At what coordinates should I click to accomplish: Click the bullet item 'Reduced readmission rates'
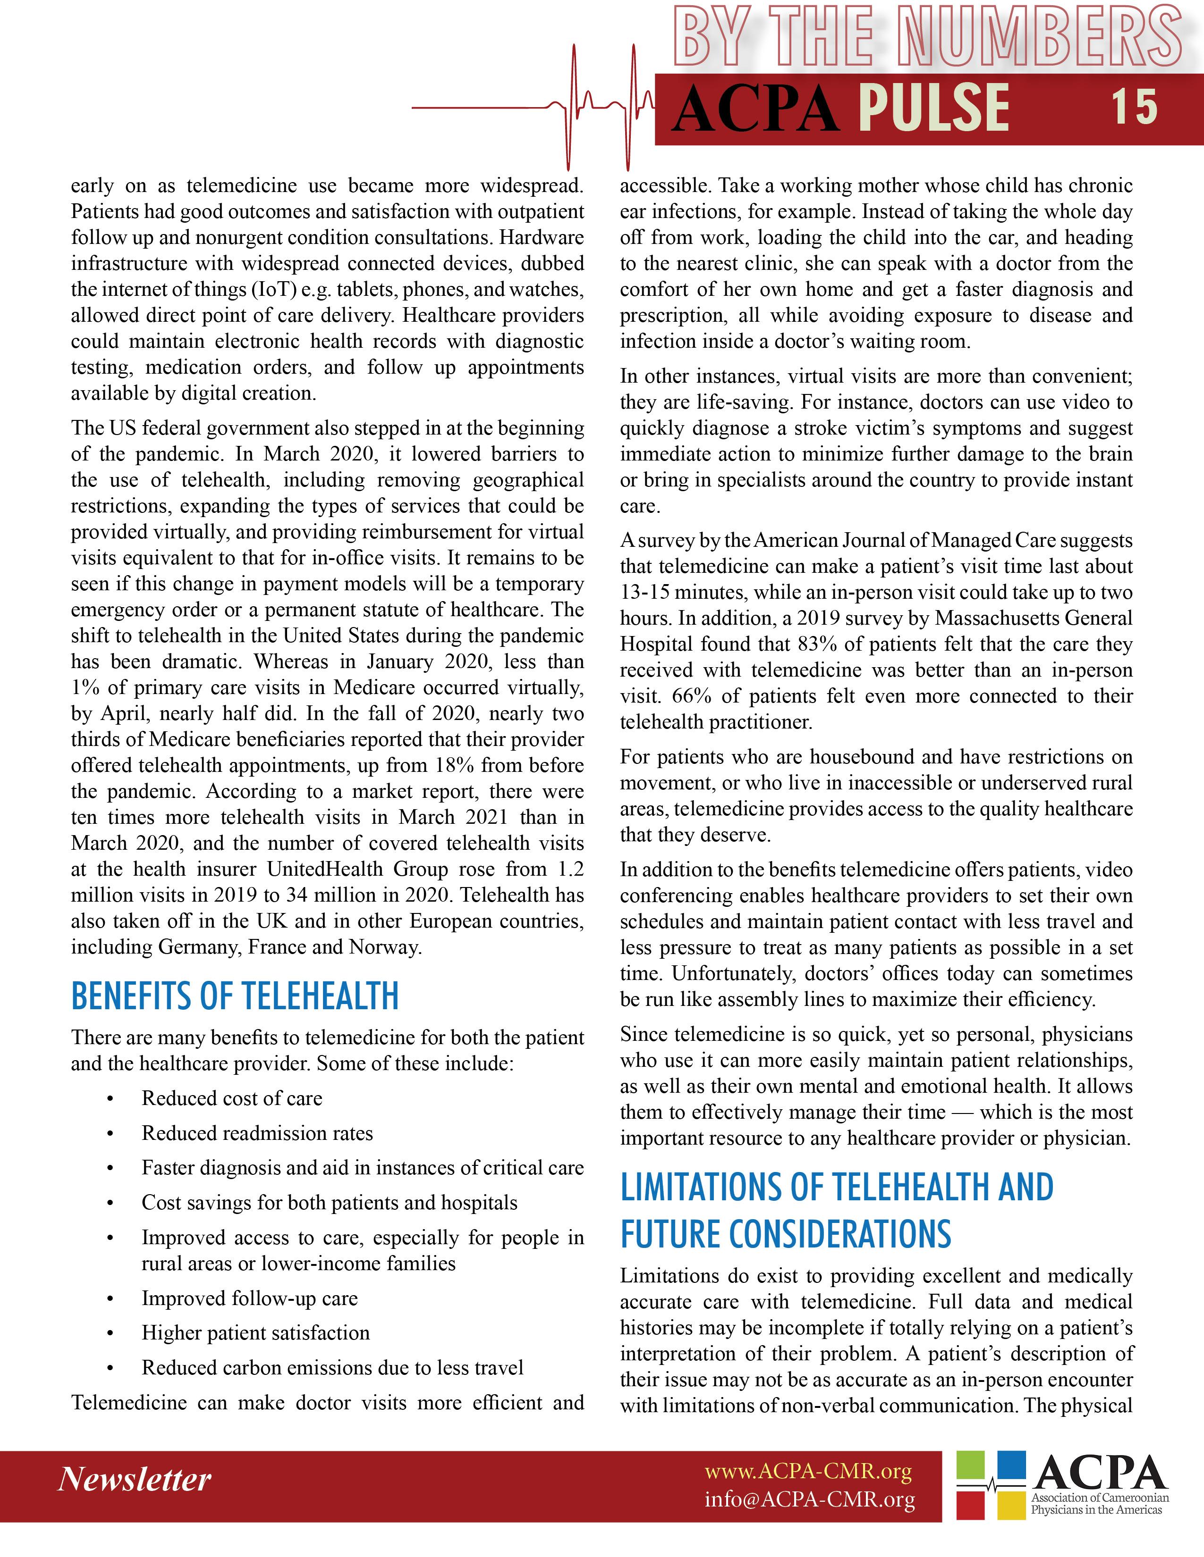pyautogui.click(x=257, y=1133)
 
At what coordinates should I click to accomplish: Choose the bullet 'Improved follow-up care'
pyautogui.click(x=250, y=1298)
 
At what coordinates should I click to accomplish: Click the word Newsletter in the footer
pyautogui.click(x=134, y=1479)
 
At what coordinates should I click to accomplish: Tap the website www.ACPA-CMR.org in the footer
pyautogui.click(x=808, y=1471)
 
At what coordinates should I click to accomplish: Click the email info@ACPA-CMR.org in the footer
pyautogui.click(x=810, y=1499)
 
